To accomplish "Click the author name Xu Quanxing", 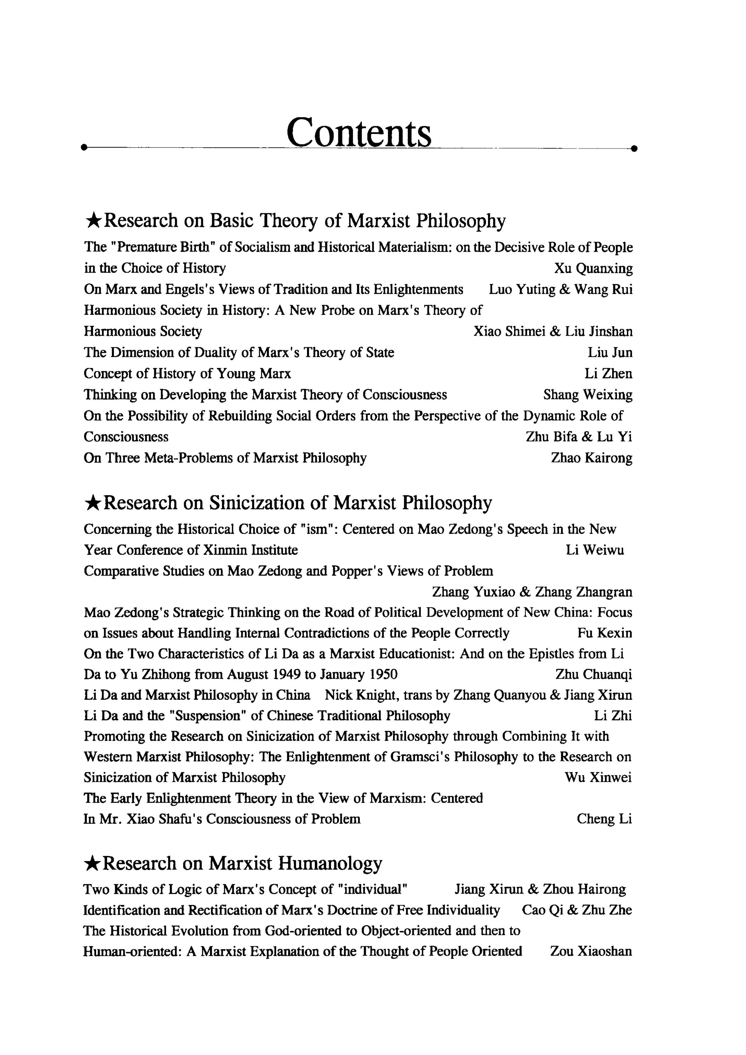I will click(593, 268).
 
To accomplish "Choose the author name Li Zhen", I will click(608, 374).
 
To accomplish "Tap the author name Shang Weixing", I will click(588, 395).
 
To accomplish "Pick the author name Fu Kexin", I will click(604, 633).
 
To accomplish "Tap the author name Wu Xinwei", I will click(598, 777).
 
